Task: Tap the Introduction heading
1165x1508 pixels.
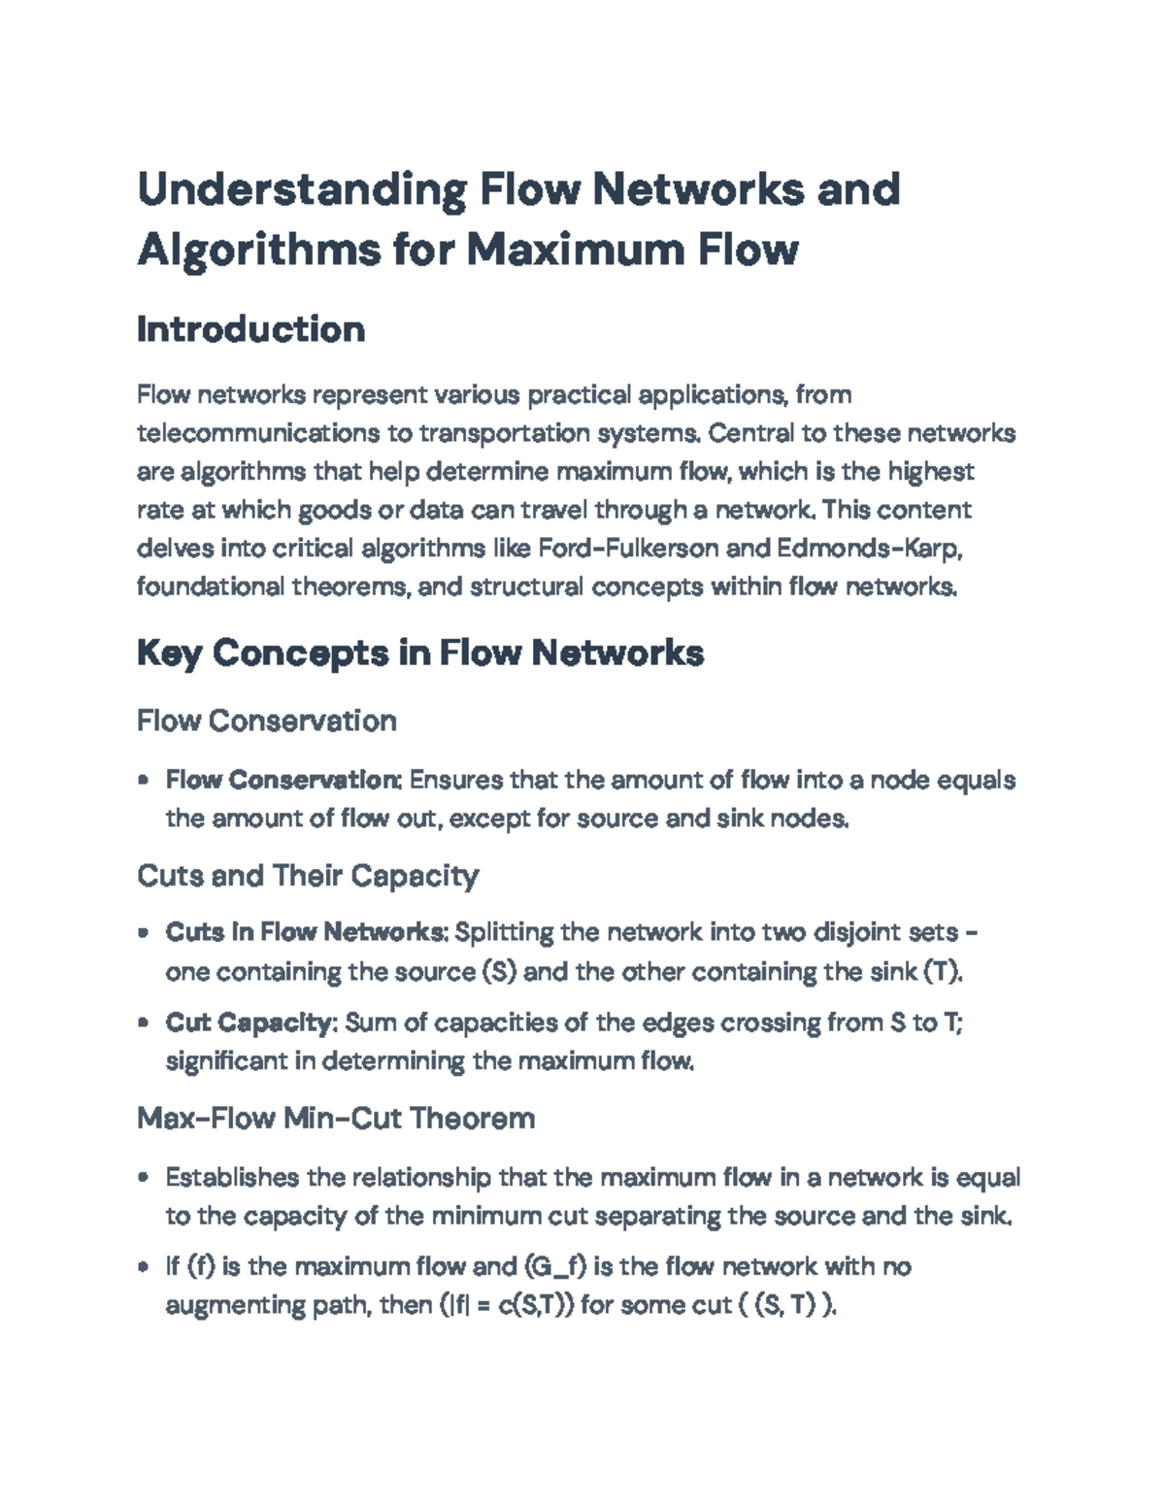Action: (x=250, y=329)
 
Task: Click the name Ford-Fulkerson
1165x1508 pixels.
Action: (x=628, y=549)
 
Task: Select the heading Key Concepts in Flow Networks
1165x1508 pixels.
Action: (x=419, y=653)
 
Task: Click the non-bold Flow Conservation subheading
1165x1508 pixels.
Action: (x=267, y=720)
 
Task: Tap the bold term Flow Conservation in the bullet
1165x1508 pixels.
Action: (x=283, y=780)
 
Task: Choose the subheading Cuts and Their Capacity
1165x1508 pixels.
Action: (x=308, y=875)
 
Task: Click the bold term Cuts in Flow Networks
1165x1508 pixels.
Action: (x=305, y=932)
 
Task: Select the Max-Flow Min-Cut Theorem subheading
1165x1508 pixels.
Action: (x=336, y=1118)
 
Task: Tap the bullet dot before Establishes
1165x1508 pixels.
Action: (x=144, y=1178)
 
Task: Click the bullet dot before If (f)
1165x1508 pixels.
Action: (x=144, y=1267)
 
